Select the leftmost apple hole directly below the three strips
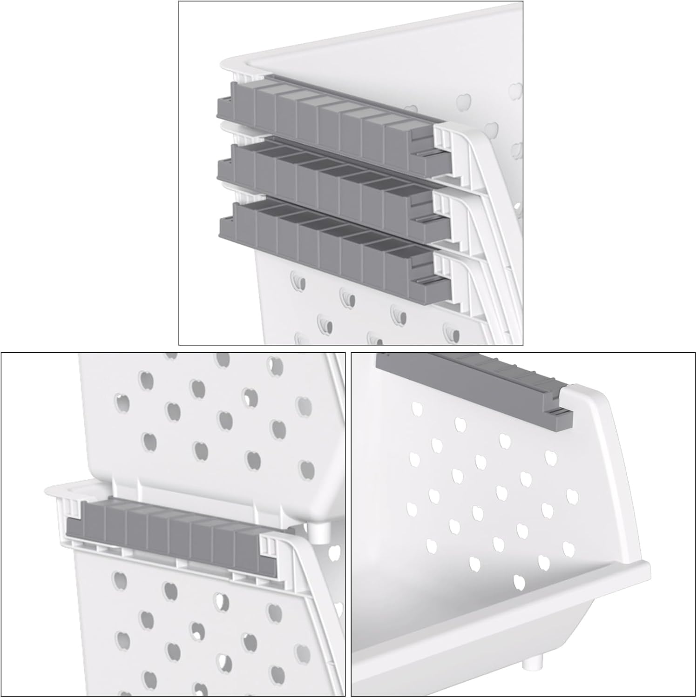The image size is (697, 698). click(x=298, y=282)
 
